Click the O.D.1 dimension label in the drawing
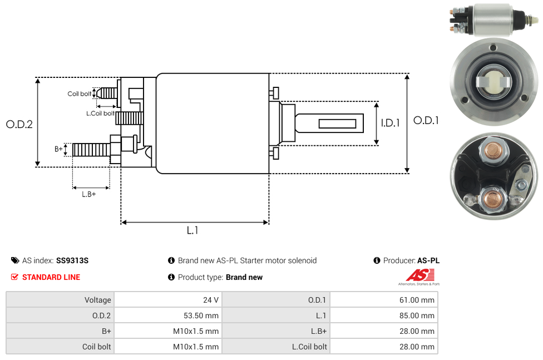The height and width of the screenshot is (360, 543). pos(426,120)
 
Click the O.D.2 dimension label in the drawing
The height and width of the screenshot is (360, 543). pos(19,124)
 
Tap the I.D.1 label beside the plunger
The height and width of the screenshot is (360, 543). pos(390,123)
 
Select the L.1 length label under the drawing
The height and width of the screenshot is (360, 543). pos(192,230)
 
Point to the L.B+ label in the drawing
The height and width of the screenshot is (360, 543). pos(88,194)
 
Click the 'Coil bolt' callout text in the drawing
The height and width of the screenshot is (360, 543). pos(79,93)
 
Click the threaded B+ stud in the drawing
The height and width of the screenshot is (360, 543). pos(91,150)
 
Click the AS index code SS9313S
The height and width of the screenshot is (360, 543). pos(72,260)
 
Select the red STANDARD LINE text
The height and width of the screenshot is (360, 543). pos(51,277)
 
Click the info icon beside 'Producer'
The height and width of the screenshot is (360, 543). pos(377,260)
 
